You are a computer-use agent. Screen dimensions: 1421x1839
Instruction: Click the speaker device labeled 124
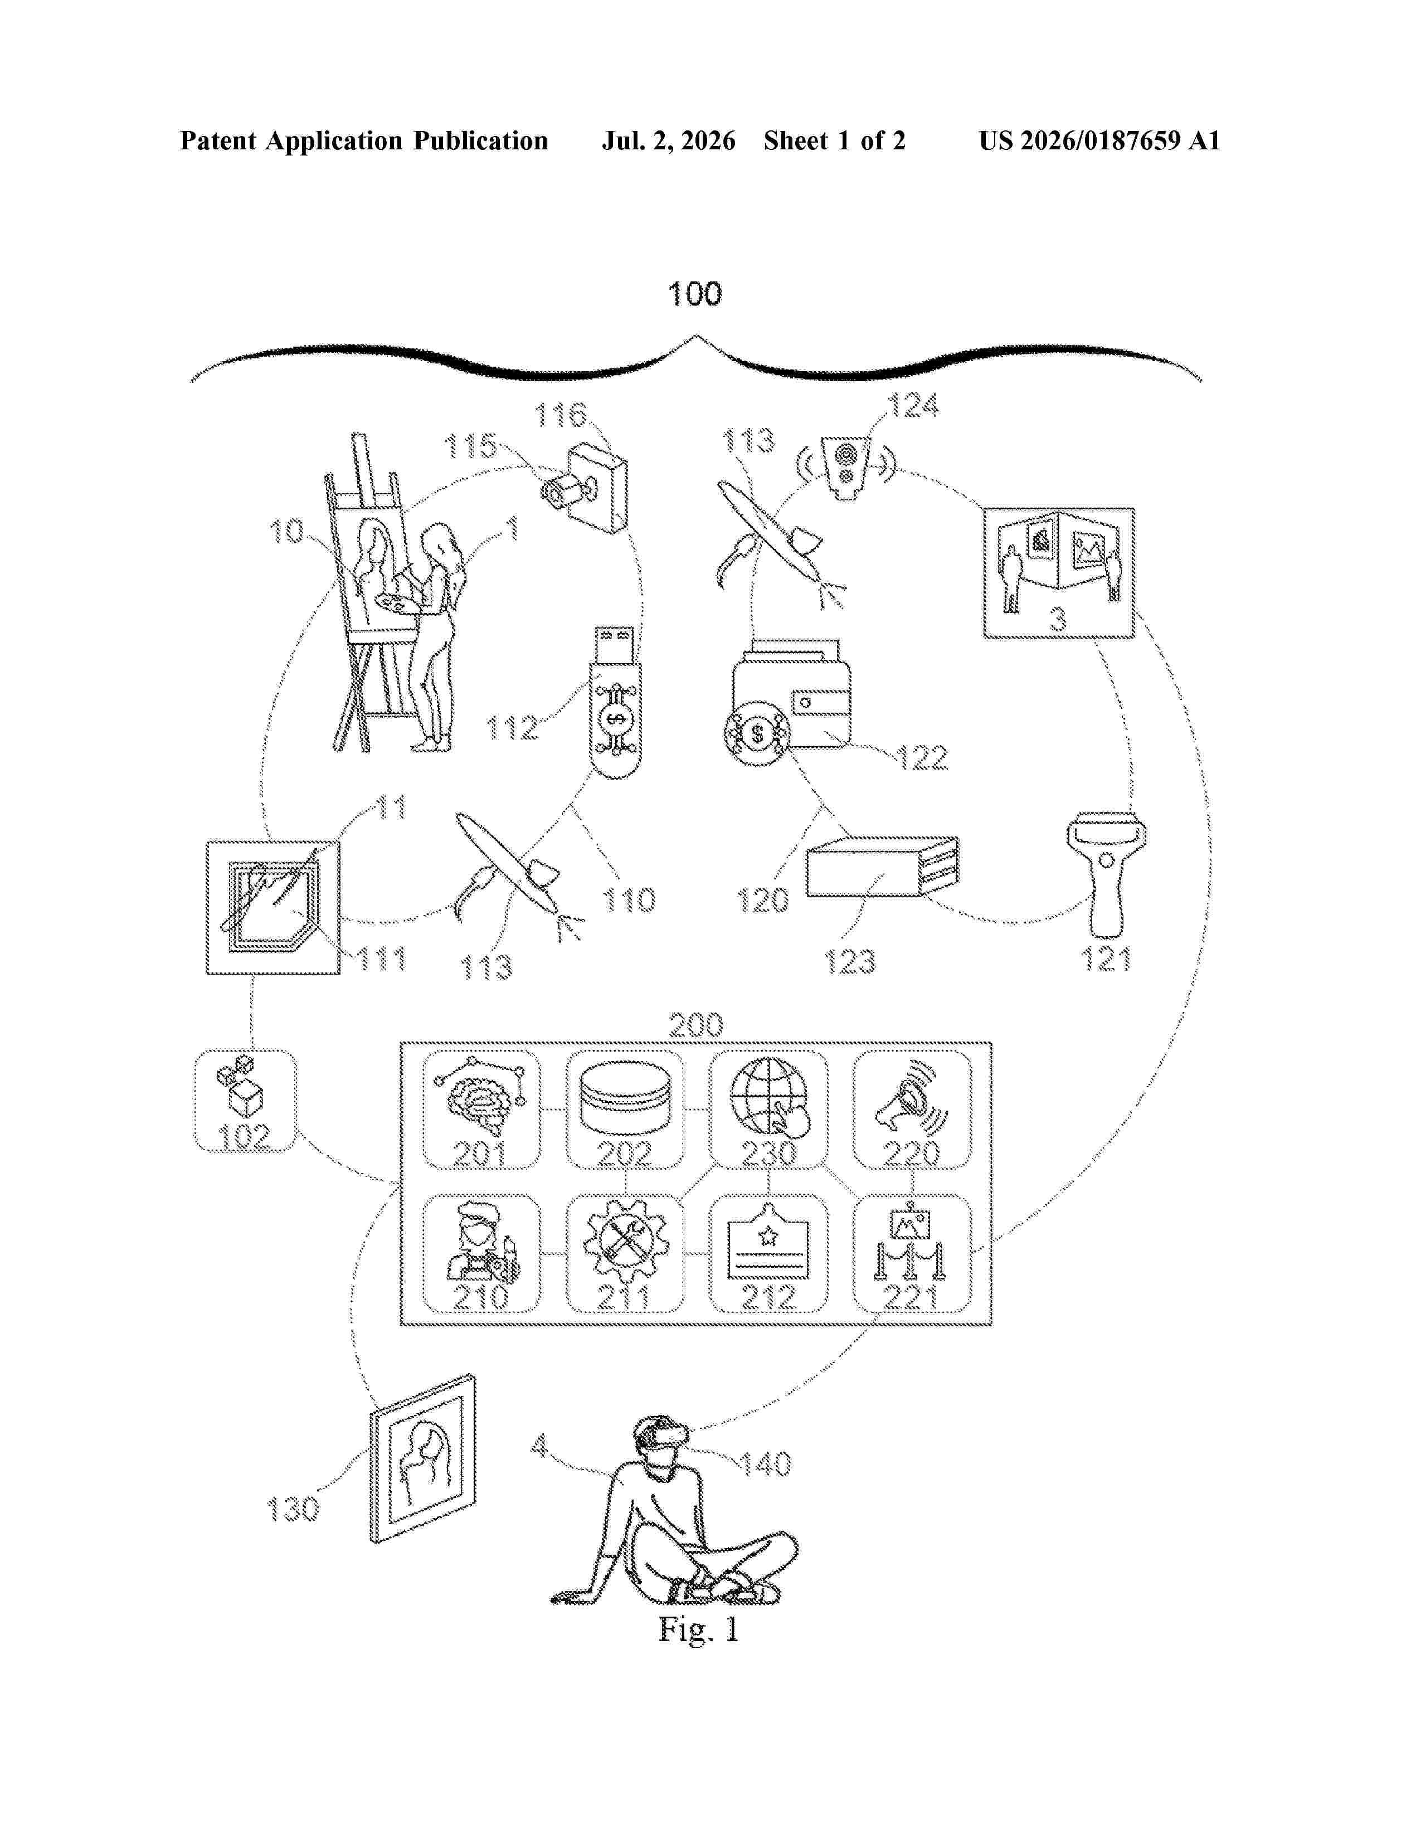pyautogui.click(x=848, y=468)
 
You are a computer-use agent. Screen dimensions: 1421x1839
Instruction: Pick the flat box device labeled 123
pyautogui.click(x=882, y=867)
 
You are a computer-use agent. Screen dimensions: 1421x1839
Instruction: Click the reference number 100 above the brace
pyautogui.click(x=694, y=294)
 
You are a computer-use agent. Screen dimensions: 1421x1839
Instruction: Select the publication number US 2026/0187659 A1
pyautogui.click(x=1099, y=140)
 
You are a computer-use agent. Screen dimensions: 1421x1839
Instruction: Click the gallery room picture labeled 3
pyautogui.click(x=1059, y=572)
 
